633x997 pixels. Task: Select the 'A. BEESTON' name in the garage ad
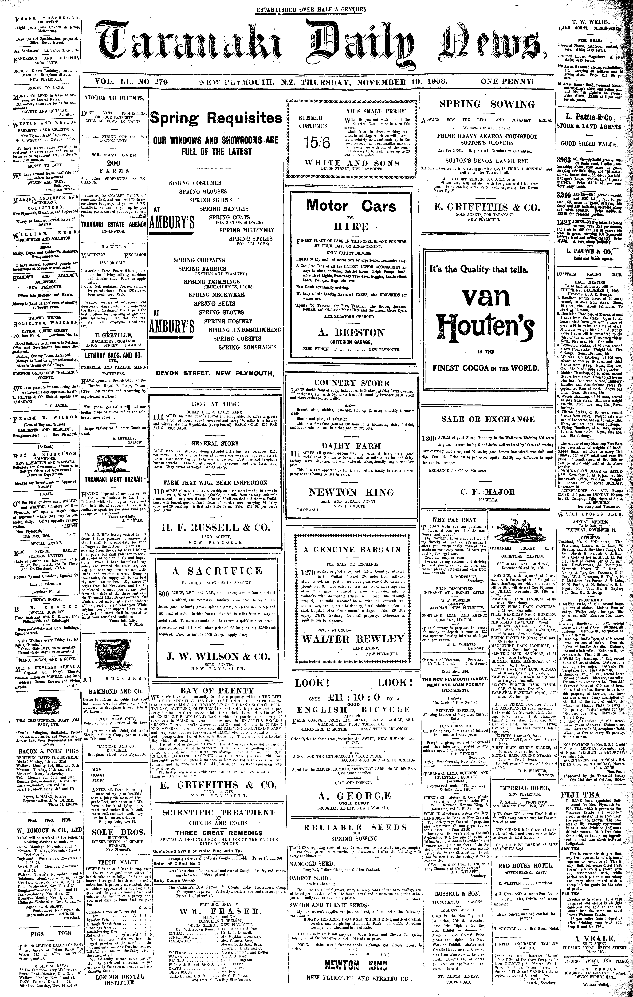click(x=351, y=333)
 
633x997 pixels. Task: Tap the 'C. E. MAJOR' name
click(x=487, y=492)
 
